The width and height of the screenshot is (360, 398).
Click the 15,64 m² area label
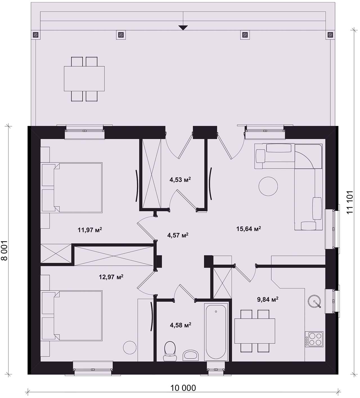pos(248,229)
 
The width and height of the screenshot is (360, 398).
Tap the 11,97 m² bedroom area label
pos(90,230)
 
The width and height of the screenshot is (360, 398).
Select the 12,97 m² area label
pos(111,277)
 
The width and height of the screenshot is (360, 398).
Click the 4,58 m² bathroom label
pos(181,325)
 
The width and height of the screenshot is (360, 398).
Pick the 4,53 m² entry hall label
pos(180,180)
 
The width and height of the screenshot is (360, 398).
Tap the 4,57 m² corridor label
pos(178,235)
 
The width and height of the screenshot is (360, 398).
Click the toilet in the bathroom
pos(170,351)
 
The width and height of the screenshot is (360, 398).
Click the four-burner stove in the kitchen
pos(314,339)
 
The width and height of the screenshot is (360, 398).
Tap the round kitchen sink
pos(314,302)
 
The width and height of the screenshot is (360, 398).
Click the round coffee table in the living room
pos(268,186)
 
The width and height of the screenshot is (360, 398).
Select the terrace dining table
pos(84,79)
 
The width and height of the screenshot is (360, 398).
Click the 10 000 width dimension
pos(183,388)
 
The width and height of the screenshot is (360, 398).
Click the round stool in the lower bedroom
pos(130,348)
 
